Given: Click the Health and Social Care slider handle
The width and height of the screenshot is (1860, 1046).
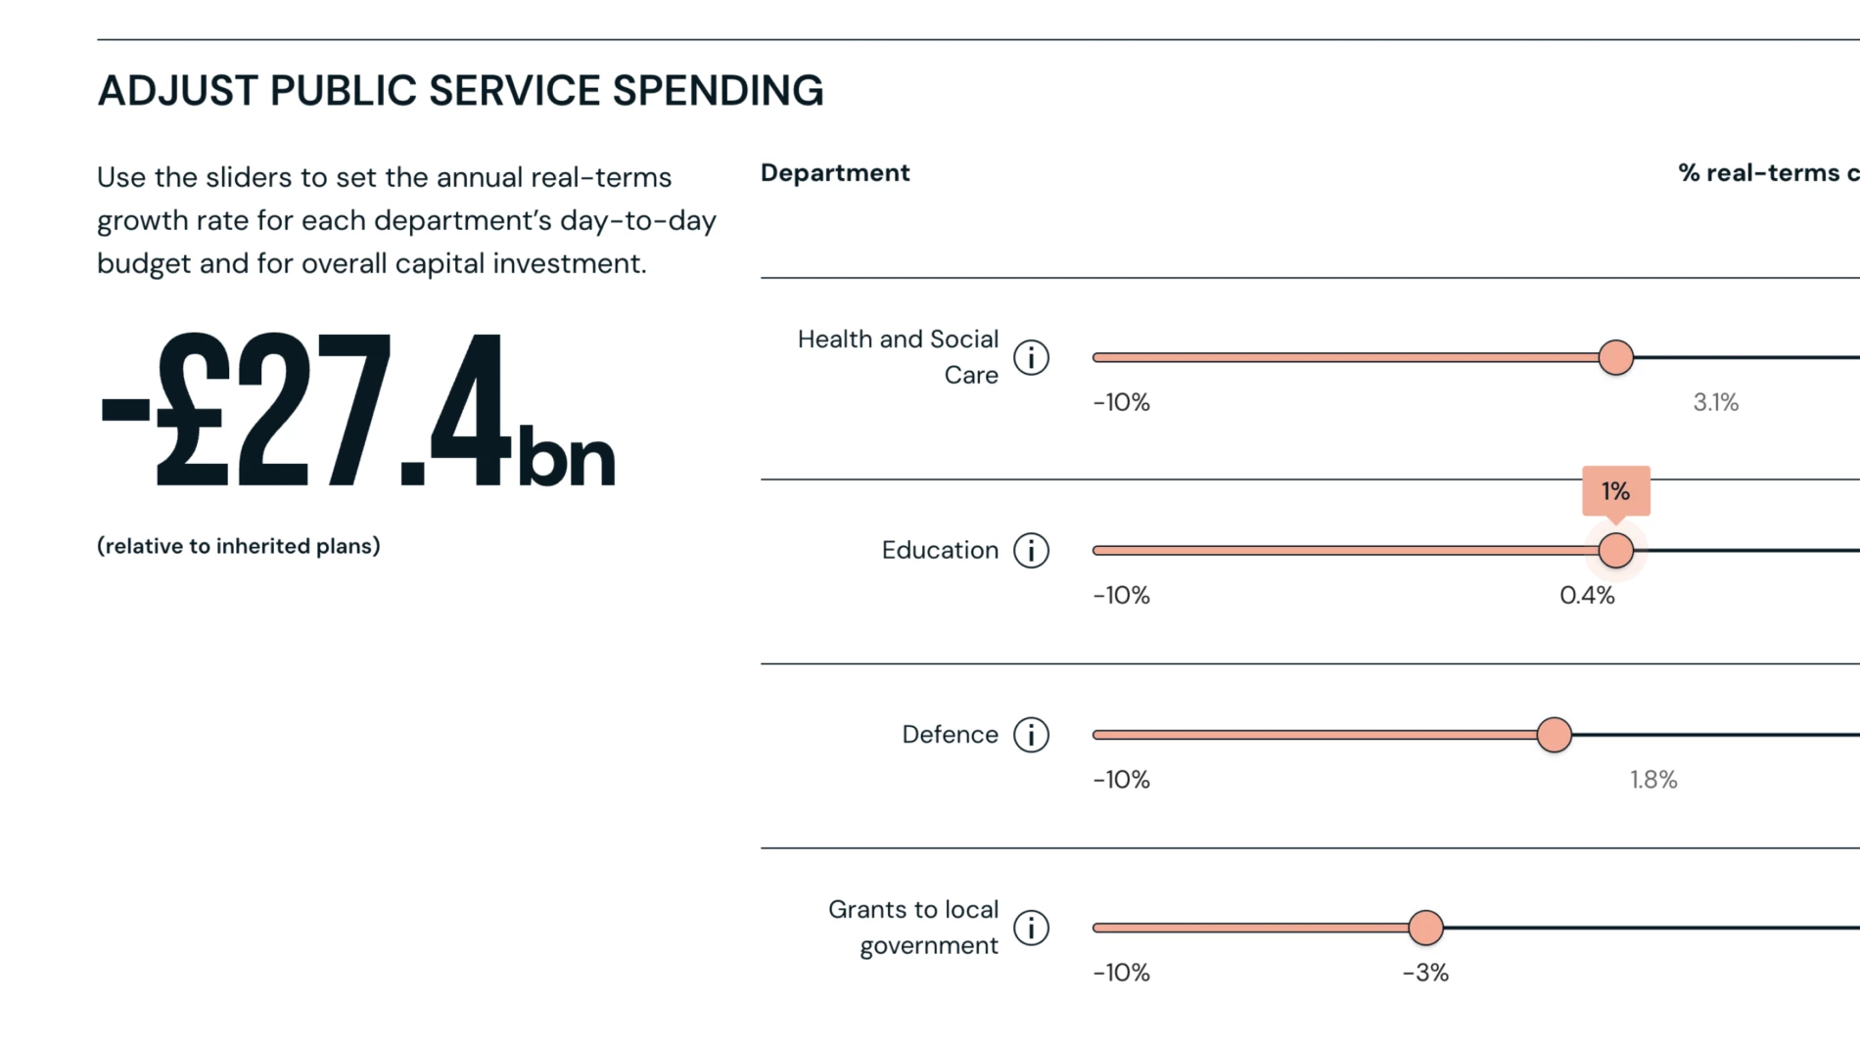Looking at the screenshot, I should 1615,357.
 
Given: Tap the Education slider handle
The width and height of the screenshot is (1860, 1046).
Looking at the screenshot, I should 1615,550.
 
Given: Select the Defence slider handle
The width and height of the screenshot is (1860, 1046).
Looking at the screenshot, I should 1554,734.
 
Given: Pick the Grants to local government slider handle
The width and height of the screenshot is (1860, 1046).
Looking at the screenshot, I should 1425,927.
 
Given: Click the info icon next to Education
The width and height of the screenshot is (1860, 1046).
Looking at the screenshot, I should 1031,550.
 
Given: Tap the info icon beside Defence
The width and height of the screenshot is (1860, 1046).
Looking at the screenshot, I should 1031,734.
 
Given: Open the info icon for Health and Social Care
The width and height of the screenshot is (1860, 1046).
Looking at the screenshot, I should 1031,357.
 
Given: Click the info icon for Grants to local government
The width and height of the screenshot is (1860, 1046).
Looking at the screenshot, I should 1031,927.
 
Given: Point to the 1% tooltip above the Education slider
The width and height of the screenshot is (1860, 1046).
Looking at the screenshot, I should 1615,490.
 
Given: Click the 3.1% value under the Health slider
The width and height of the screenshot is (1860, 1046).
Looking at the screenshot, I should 1715,402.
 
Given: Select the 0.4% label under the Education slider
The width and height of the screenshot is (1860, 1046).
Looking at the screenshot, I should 1587,595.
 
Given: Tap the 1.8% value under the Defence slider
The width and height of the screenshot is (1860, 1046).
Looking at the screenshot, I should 1652,780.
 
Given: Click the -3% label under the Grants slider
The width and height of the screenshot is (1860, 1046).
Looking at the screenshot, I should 1424,973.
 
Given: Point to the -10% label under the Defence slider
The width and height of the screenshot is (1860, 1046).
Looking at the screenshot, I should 1121,780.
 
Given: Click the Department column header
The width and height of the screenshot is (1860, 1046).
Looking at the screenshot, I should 835,173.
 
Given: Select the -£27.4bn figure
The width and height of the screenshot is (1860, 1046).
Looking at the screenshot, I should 357,411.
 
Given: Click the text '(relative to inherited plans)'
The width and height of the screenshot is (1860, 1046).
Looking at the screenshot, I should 239,546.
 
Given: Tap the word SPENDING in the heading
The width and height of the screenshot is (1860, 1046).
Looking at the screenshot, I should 718,91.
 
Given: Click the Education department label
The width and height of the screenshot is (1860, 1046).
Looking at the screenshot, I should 940,550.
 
